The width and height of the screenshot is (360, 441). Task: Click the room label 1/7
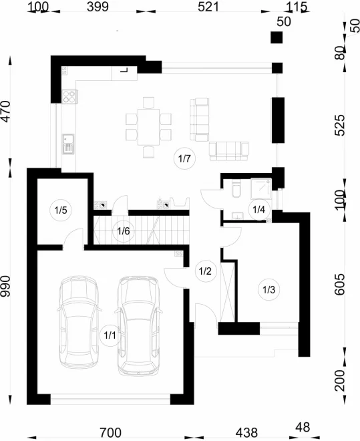(184, 158)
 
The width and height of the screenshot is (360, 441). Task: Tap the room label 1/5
(60, 210)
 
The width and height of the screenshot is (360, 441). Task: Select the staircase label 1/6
(124, 231)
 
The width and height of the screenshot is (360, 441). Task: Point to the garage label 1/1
(110, 335)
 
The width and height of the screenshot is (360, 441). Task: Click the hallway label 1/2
(205, 271)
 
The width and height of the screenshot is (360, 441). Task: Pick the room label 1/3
(268, 289)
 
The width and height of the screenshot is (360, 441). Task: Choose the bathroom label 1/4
(259, 210)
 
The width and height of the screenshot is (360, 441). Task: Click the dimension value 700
(111, 432)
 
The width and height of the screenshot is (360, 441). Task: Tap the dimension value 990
(5, 286)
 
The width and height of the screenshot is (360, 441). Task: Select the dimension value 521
(208, 7)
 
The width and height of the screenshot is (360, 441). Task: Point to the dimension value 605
(339, 284)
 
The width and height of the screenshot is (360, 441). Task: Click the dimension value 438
(246, 432)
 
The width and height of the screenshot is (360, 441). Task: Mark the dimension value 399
(98, 7)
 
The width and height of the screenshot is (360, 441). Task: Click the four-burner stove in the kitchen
(69, 96)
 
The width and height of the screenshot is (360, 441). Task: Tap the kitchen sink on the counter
(68, 144)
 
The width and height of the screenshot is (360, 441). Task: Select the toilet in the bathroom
(236, 188)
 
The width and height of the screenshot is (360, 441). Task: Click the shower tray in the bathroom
(261, 189)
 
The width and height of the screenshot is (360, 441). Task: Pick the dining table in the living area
(149, 127)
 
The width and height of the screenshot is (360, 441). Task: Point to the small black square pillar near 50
(277, 37)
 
